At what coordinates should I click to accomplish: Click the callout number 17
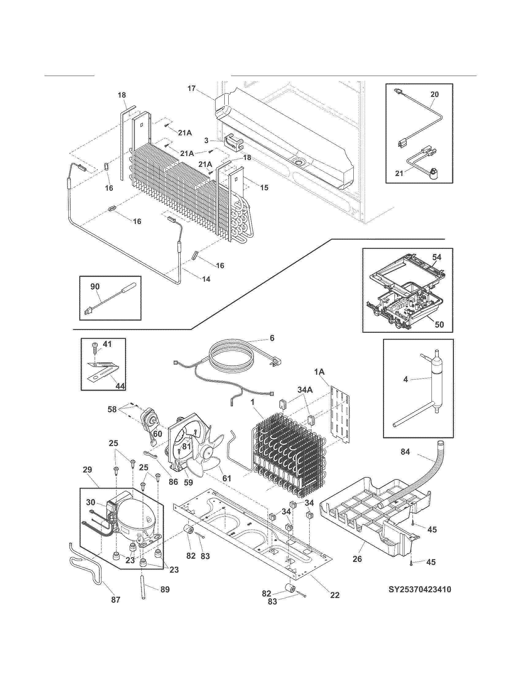191,89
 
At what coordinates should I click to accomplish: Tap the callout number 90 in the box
95,286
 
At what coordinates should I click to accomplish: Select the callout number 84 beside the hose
405,452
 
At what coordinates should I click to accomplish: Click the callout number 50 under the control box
439,324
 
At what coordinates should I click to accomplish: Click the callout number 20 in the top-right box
434,94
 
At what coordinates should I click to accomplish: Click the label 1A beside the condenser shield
319,372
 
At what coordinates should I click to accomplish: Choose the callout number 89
165,589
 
